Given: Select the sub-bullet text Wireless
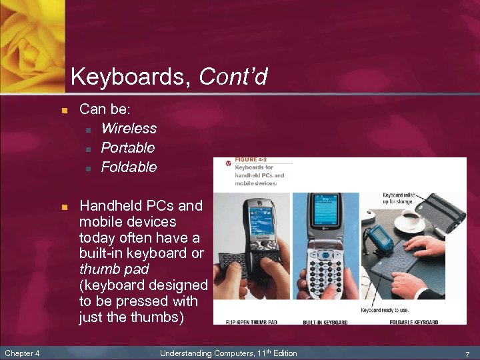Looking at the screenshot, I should [129, 128].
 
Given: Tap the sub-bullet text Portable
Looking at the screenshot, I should [127, 147].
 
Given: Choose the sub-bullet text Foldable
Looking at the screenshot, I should [129, 167].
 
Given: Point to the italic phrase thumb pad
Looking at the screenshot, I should [114, 269].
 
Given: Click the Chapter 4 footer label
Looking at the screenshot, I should [23, 353].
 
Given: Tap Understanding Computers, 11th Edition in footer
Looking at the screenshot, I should [229, 353].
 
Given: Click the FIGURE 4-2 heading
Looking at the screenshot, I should [251, 161].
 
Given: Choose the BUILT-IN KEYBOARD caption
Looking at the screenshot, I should [325, 322].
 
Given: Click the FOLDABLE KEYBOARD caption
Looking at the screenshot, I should [414, 322].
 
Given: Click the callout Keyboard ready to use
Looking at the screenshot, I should [384, 310].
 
